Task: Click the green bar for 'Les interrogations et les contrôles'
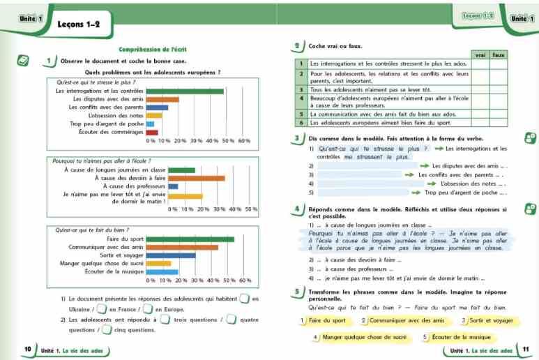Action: pos(185,91)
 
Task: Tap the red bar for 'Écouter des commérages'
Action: pos(152,132)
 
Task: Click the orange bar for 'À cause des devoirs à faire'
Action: pos(197,178)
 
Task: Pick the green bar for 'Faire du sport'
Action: pos(190,239)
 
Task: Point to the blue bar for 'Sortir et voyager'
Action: pos(171,255)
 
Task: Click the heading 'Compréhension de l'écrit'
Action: pos(153,50)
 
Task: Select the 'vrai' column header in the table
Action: pos(480,54)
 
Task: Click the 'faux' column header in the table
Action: pos(499,54)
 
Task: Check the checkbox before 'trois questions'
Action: pos(165,320)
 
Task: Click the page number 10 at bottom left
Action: pos(27,349)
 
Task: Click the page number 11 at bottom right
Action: pos(526,349)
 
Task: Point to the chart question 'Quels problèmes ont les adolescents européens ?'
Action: pos(153,73)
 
